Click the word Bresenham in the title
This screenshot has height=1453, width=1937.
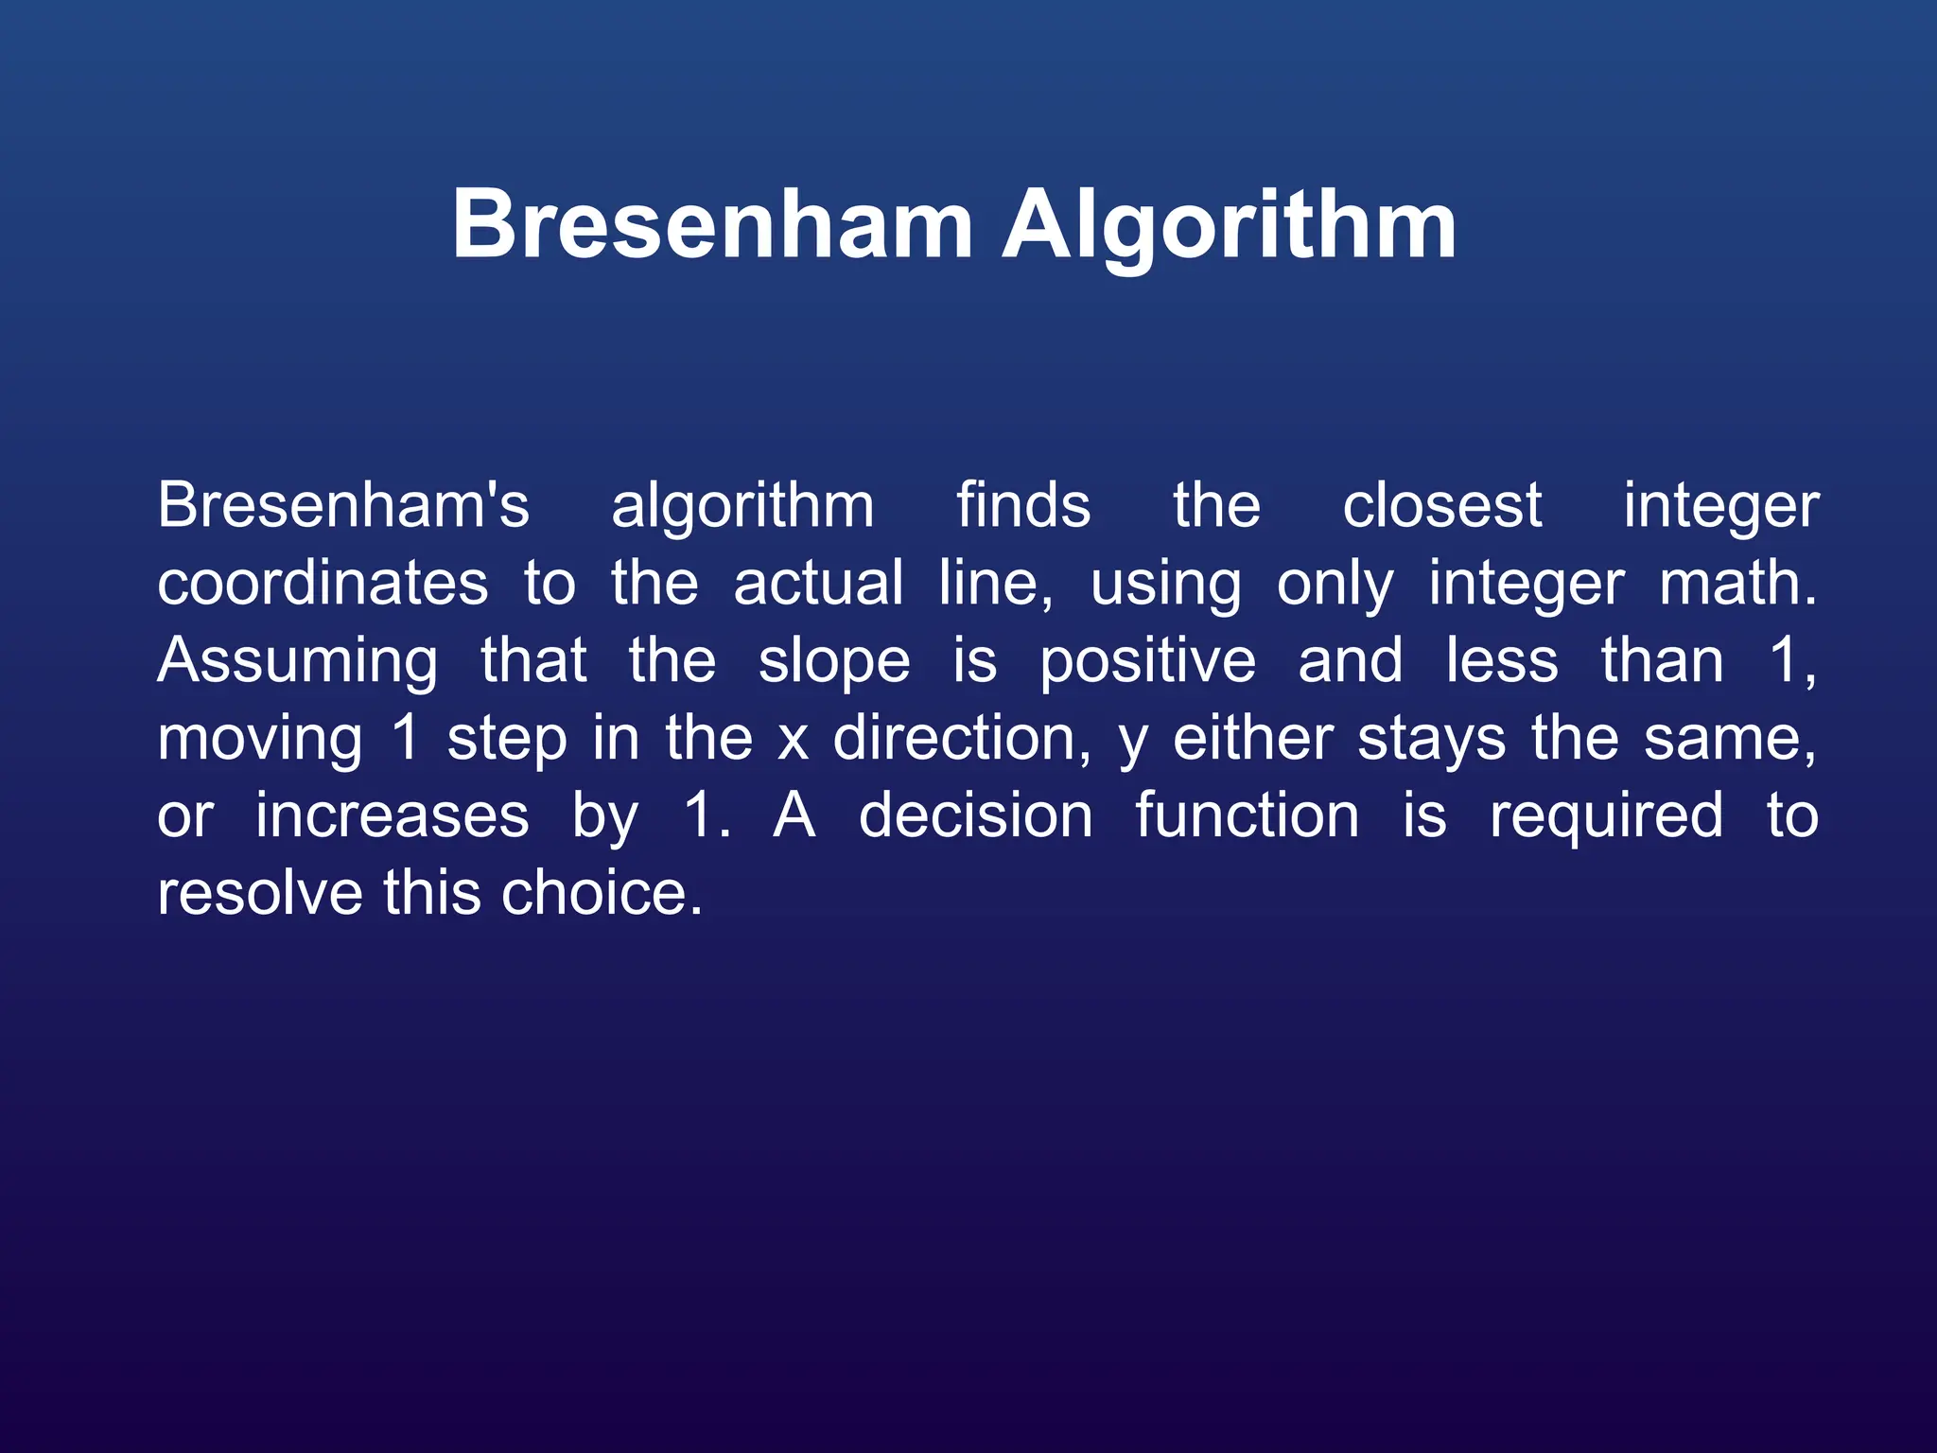tap(712, 224)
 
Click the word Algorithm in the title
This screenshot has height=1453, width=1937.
tap(1229, 224)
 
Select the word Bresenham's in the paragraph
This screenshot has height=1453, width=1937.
tap(343, 505)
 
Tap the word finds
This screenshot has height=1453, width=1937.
tap(1023, 505)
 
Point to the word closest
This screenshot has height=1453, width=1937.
tap(1442, 505)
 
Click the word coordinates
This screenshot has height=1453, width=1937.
tap(323, 583)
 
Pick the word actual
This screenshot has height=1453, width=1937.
tap(818, 583)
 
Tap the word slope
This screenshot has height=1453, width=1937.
tap(834, 662)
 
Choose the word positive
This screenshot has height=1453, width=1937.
tap(1148, 662)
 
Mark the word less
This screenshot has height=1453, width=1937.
tap(1502, 660)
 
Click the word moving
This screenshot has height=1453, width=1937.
tap(260, 740)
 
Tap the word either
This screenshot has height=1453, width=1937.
tap(1253, 738)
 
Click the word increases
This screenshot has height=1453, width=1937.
tap(392, 815)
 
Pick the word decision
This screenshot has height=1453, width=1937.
tap(975, 815)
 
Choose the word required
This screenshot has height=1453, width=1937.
tap(1606, 817)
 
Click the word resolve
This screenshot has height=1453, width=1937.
tap(260, 893)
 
